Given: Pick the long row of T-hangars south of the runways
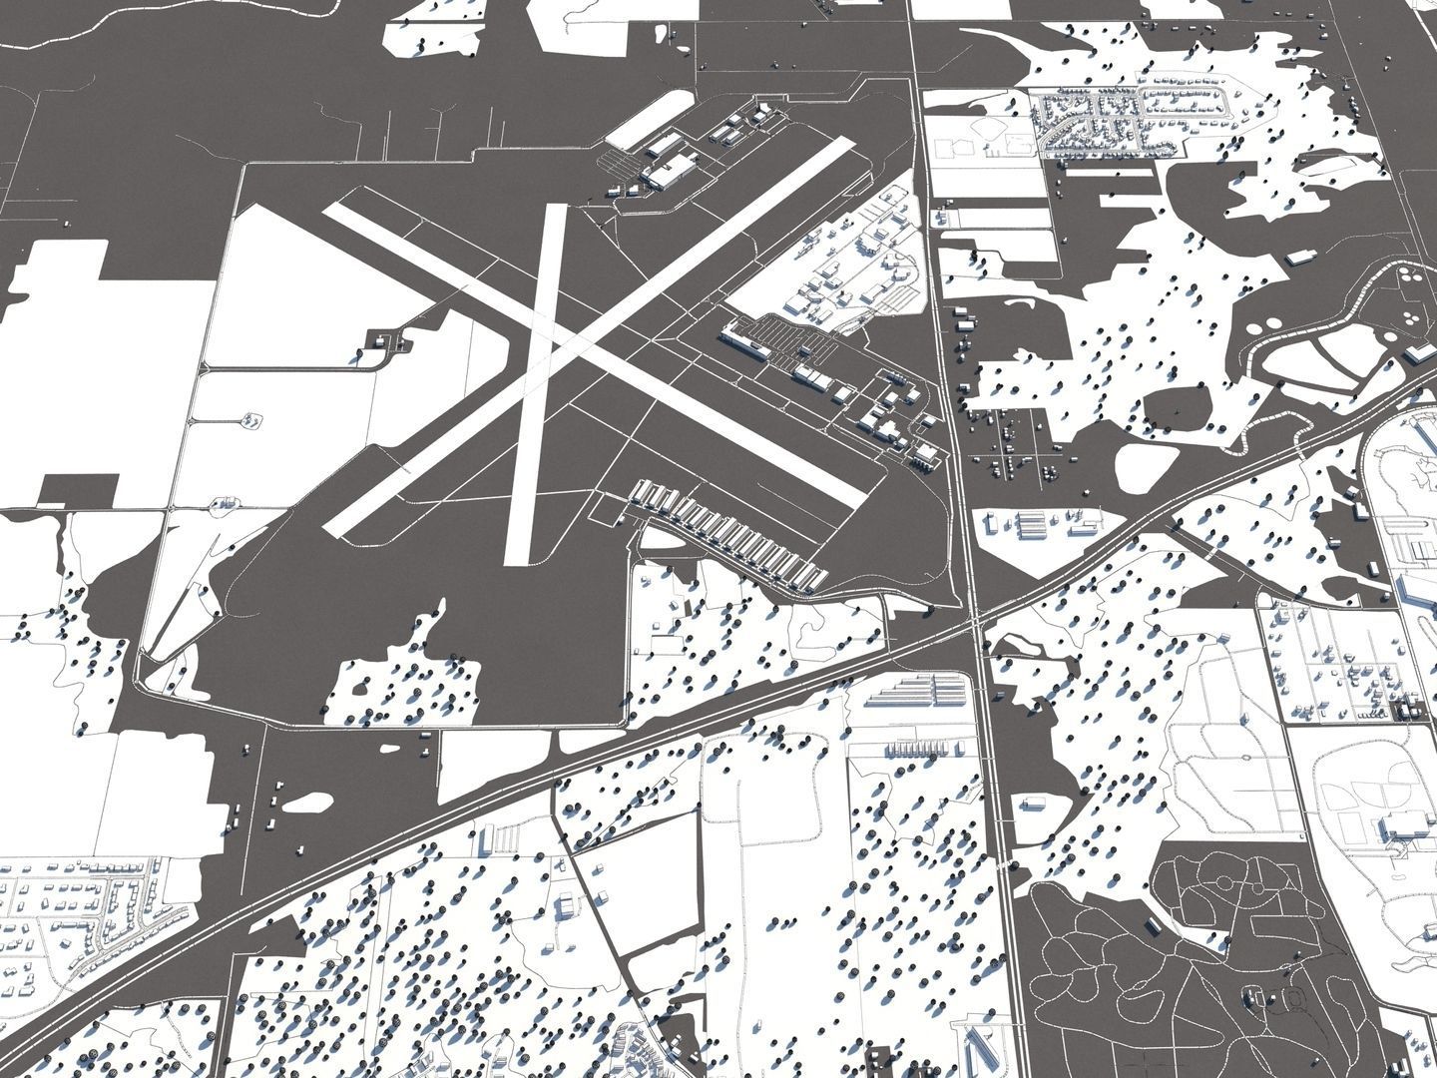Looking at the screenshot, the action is (x=728, y=539).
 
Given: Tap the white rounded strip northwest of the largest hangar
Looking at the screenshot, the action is (x=650, y=117).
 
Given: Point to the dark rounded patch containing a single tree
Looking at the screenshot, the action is (x=1178, y=409).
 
